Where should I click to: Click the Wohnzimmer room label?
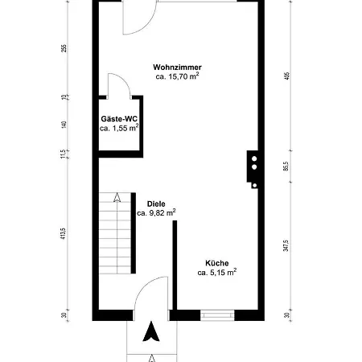(177, 68)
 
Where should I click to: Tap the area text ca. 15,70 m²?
(177, 77)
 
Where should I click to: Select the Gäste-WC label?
(118, 117)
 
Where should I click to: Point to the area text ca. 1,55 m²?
(119, 128)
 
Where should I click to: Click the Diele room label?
(156, 204)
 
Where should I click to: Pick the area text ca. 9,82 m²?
(156, 213)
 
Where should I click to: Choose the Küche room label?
(217, 263)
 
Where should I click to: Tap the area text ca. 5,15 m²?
(217, 274)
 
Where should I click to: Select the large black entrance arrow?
(151, 332)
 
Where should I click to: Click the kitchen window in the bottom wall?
(217, 314)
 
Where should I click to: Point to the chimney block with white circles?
(254, 170)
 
